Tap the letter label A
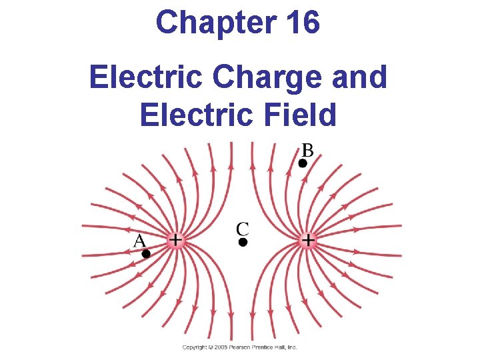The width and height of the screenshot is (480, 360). pyautogui.click(x=139, y=240)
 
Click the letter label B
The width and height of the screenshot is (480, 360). pyautogui.click(x=307, y=149)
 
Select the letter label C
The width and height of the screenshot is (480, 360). pyautogui.click(x=243, y=229)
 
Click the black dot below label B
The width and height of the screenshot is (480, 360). pyautogui.click(x=303, y=163)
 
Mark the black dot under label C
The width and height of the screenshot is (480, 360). pyautogui.click(x=243, y=243)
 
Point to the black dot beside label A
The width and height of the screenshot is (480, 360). pyautogui.click(x=146, y=253)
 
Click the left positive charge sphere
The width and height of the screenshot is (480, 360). pyautogui.click(x=175, y=239)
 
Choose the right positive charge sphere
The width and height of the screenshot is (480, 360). pyautogui.click(x=309, y=239)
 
